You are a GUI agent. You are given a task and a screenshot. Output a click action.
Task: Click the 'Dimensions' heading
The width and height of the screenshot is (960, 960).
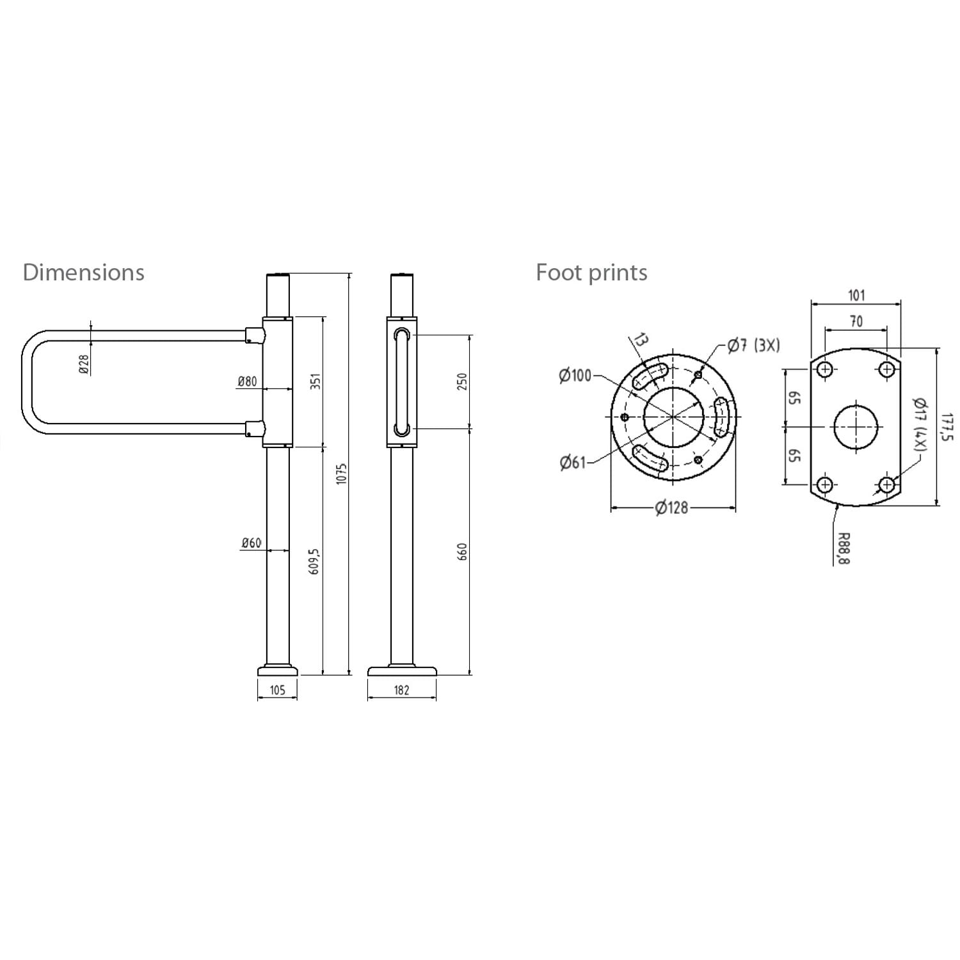(83, 273)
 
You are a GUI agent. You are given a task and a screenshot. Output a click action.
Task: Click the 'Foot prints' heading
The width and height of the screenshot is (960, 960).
(591, 273)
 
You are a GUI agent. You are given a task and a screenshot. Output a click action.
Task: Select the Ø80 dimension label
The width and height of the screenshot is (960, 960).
(247, 381)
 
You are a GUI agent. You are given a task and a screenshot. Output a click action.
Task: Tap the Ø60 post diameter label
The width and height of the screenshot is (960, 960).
(251, 543)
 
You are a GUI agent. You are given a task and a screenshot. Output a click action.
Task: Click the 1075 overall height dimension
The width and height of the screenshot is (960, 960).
(341, 474)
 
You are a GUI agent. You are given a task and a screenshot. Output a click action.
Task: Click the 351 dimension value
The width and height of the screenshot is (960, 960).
(314, 382)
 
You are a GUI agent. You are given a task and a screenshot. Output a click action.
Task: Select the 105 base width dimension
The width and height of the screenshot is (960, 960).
(277, 690)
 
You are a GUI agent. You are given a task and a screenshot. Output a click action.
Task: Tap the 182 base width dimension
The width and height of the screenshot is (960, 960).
(401, 690)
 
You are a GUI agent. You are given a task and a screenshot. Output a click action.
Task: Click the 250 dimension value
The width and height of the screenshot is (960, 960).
(463, 381)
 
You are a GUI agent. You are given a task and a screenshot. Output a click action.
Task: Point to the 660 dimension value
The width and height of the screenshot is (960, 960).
(463, 552)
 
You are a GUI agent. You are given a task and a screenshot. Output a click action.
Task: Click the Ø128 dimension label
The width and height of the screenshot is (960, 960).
(671, 508)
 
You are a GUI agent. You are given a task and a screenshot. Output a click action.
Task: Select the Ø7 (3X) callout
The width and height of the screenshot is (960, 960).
(753, 346)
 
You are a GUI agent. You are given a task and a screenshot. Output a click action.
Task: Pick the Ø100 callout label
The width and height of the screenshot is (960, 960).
(575, 376)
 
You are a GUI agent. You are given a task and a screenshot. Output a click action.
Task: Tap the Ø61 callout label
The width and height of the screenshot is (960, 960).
(573, 462)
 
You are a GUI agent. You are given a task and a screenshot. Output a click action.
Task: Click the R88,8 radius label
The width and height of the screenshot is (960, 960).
(843, 548)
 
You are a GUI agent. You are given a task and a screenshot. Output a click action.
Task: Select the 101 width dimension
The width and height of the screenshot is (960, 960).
(856, 295)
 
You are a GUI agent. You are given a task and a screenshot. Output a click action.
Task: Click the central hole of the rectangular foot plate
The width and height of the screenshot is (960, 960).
(857, 426)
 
